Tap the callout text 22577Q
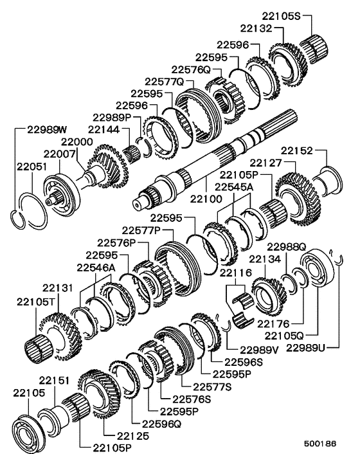pyautogui.click(x=164, y=82)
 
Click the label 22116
pyautogui.click(x=235, y=273)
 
